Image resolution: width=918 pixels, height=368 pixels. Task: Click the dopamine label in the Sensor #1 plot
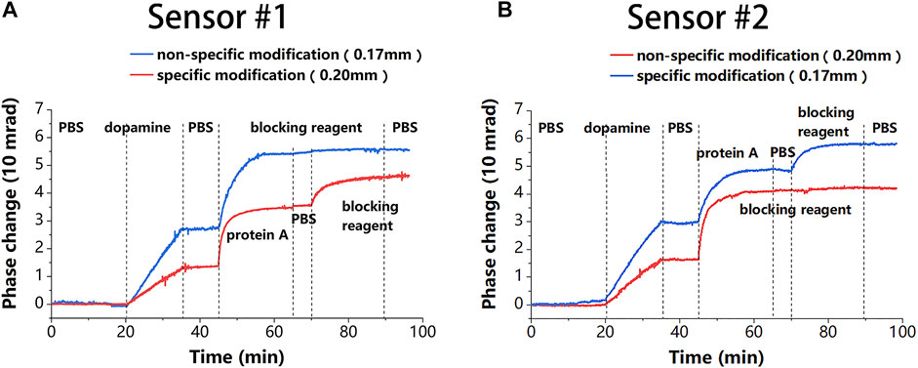tap(130, 127)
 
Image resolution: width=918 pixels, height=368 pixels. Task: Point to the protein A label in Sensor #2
tap(727, 153)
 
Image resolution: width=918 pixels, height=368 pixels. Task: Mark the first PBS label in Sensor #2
tap(551, 127)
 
